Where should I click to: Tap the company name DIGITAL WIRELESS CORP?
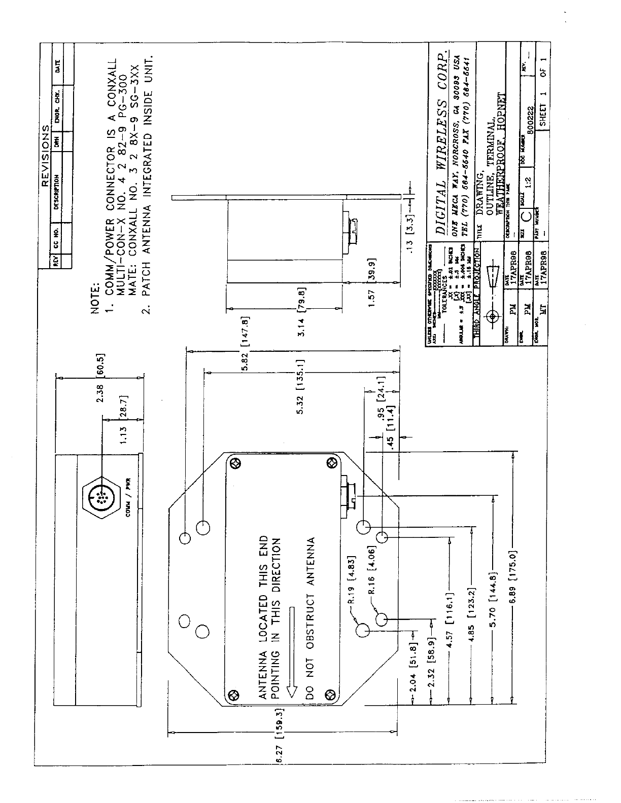(443, 142)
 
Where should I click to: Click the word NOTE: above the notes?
(95, 300)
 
